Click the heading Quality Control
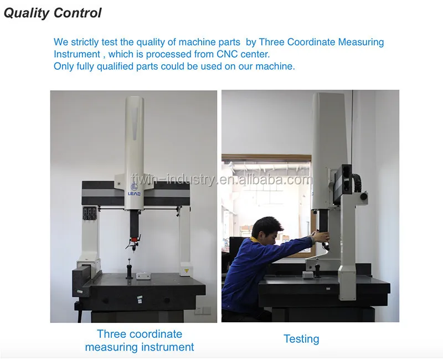point(53,13)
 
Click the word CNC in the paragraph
point(227,54)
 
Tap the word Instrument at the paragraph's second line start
point(77,54)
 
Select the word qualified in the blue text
point(115,66)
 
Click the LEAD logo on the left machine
point(134,190)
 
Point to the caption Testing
point(301,339)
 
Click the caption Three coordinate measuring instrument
point(140,341)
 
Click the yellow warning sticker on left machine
point(186,271)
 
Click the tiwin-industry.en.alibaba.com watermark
point(222,179)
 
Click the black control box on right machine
point(343,184)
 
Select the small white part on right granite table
point(308,274)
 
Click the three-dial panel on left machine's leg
point(90,213)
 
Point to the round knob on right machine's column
point(364,196)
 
